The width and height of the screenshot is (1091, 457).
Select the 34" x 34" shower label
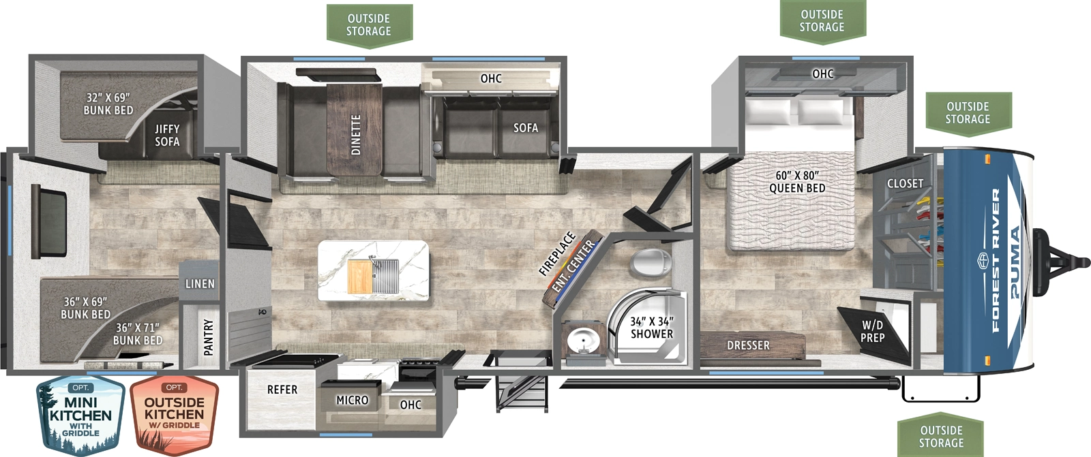point(651,328)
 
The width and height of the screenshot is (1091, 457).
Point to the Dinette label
point(355,135)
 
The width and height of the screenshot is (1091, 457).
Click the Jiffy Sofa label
point(167,135)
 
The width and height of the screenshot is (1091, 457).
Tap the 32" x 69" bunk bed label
point(108,104)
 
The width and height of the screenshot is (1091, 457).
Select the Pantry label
point(209,336)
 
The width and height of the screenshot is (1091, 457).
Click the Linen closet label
point(200,284)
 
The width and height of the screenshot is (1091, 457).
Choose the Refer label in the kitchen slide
point(282,390)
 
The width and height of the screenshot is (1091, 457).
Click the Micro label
point(352,400)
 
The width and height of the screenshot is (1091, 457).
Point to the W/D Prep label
point(872,332)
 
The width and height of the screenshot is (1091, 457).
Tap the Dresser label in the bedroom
point(748,345)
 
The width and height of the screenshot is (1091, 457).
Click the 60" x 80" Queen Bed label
point(796,182)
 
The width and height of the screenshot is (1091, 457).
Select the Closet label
point(905,183)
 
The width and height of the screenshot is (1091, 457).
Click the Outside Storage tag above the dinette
point(368,25)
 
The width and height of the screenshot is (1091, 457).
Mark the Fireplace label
point(557,254)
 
